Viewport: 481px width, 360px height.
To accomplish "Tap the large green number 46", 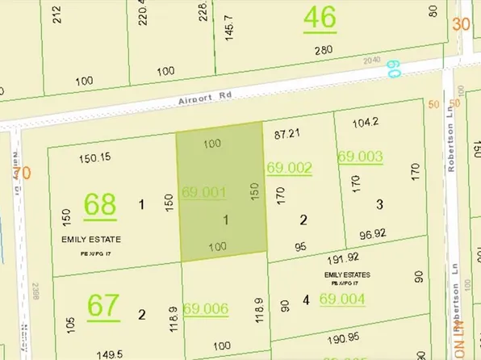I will point(320,18).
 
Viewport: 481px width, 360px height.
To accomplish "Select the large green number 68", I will point(101,206).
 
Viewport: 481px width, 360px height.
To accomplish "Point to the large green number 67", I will point(102,307).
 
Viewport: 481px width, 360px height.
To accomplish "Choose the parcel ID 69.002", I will point(290,168).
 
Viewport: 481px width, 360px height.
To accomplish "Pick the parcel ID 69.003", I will point(359,157).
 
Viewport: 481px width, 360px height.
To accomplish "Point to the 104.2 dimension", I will point(366,122).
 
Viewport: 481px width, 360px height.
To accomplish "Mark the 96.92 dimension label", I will point(371,235).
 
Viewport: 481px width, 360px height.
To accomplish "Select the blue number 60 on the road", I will point(393,70).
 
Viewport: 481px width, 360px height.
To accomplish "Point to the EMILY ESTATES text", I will point(347,275).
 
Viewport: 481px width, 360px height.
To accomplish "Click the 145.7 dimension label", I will point(234,24).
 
